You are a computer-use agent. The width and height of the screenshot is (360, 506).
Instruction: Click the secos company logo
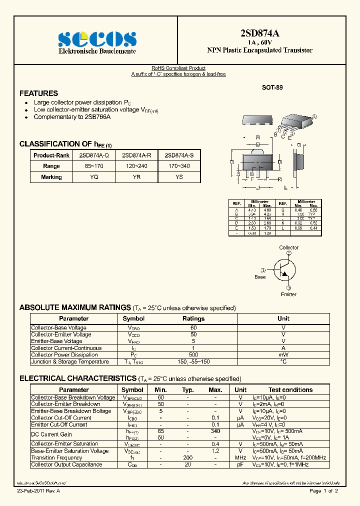[97, 38]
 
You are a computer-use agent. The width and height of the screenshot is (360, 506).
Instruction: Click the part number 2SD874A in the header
[259, 33]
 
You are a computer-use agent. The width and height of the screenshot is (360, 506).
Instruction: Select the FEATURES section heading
[38, 93]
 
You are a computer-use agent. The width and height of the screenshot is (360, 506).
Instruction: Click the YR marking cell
[136, 177]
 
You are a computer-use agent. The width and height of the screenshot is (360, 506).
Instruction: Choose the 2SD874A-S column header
[179, 155]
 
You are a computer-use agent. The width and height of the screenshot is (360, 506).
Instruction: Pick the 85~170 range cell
[93, 166]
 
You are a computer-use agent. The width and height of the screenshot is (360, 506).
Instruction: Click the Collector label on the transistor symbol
[288, 247]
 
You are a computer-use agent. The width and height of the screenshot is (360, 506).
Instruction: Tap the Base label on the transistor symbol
[260, 277]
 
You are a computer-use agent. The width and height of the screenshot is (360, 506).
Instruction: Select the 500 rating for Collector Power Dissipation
[193, 355]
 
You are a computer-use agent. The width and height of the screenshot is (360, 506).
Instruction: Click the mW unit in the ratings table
[283, 355]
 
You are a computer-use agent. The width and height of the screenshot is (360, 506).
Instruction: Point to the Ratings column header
[193, 318]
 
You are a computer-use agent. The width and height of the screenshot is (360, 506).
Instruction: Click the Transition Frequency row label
[56, 457]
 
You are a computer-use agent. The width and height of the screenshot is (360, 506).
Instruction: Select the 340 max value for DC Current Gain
[215, 431]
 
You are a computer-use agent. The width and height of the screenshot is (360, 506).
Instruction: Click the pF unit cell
[240, 464]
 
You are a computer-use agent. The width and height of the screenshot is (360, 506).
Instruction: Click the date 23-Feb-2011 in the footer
[30, 491]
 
